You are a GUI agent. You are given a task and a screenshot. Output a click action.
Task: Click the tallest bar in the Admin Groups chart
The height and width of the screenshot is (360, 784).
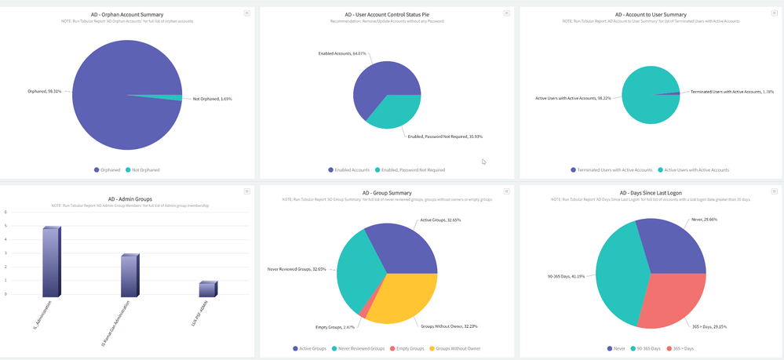[x=50, y=262]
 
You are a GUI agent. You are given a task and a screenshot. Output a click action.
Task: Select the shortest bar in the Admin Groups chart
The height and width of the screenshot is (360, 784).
[x=207, y=289]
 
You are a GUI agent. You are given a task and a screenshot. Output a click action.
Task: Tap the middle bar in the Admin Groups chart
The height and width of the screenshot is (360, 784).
[x=129, y=275]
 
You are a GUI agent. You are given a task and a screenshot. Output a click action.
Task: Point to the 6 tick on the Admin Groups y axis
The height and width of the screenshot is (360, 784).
[x=6, y=212]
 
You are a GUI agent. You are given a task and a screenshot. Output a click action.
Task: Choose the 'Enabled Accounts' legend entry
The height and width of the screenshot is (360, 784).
[x=349, y=169]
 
